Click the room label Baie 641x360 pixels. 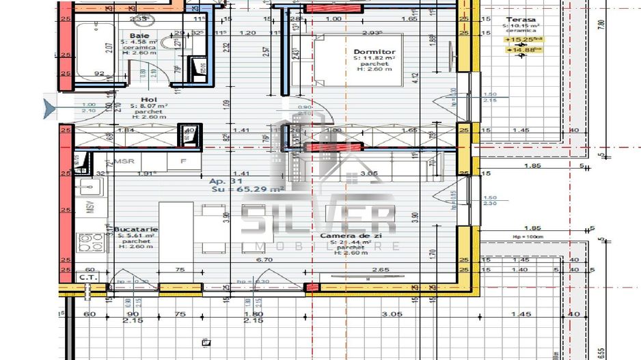[139, 36]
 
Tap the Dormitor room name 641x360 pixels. [374, 52]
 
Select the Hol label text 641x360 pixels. [139, 99]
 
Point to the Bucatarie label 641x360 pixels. [137, 230]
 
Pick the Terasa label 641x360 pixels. [521, 20]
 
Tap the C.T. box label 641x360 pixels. [86, 278]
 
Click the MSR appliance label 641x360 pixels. [123, 162]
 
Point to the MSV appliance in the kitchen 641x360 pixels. [89, 208]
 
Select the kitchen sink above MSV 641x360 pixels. [87, 186]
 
